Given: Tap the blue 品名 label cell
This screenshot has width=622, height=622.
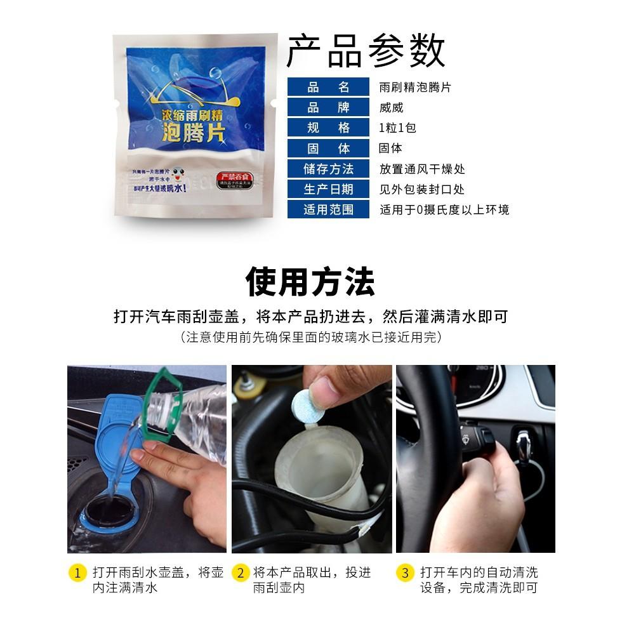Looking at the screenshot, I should coord(328,88).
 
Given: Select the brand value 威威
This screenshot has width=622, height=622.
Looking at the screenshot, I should coord(391,108).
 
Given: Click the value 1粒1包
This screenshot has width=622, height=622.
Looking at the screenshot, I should coord(397,128).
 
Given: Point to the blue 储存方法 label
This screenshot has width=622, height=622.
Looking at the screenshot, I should coord(328,169).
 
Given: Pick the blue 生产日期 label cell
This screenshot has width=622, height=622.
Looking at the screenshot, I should coord(328,189).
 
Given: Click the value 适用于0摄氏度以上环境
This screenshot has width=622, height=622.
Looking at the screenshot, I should coord(444,209).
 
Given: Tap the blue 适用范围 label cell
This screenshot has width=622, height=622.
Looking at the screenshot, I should coord(328,209).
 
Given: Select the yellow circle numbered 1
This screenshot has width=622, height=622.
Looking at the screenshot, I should coord(77,573).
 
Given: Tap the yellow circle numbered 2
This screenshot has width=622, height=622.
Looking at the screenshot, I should coord(241,573).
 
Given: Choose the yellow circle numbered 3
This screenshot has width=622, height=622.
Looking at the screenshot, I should coord(406,573).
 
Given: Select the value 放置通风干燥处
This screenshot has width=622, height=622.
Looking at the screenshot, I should coord(422,169).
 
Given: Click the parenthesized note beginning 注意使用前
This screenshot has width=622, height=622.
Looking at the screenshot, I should coord(310,337).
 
